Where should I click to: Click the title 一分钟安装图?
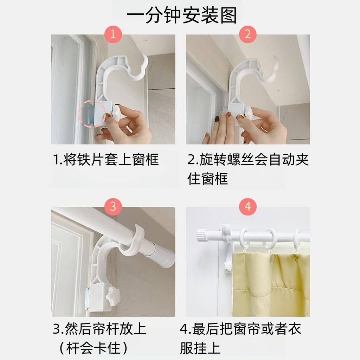[182, 15]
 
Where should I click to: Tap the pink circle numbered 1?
[113, 34]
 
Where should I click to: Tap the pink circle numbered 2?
[247, 34]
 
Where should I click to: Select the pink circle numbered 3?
[113, 206]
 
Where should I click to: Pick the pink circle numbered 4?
[247, 206]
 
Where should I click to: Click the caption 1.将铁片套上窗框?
[106, 159]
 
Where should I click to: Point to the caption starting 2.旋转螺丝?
[248, 169]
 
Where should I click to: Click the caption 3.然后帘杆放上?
[99, 329]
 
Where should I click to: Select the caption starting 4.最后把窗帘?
[240, 339]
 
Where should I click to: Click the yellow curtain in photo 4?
[271, 284]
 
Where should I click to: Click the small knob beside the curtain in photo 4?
[228, 265]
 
